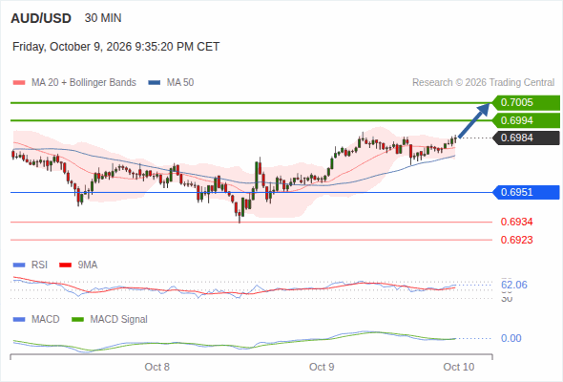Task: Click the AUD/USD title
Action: click(41, 18)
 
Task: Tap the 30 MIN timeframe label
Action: click(103, 18)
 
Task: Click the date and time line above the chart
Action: click(116, 47)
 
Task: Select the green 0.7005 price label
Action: click(526, 103)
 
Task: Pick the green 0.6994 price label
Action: click(526, 120)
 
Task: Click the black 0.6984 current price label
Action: click(526, 138)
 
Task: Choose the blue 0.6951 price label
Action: click(526, 192)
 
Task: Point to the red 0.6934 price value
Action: click(516, 222)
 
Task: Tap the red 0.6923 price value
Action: click(516, 240)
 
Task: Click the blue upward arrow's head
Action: click(485, 108)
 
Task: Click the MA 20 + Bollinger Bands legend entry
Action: click(74, 83)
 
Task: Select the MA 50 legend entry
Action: click(171, 83)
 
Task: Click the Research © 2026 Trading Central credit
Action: click(483, 83)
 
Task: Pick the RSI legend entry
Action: click(31, 265)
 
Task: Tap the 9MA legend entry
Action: click(78, 265)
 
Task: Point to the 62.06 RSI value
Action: click(514, 285)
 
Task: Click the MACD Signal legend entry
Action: click(110, 319)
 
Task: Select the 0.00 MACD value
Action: click(511, 338)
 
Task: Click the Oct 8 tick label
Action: click(156, 367)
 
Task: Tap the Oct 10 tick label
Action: click(459, 367)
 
